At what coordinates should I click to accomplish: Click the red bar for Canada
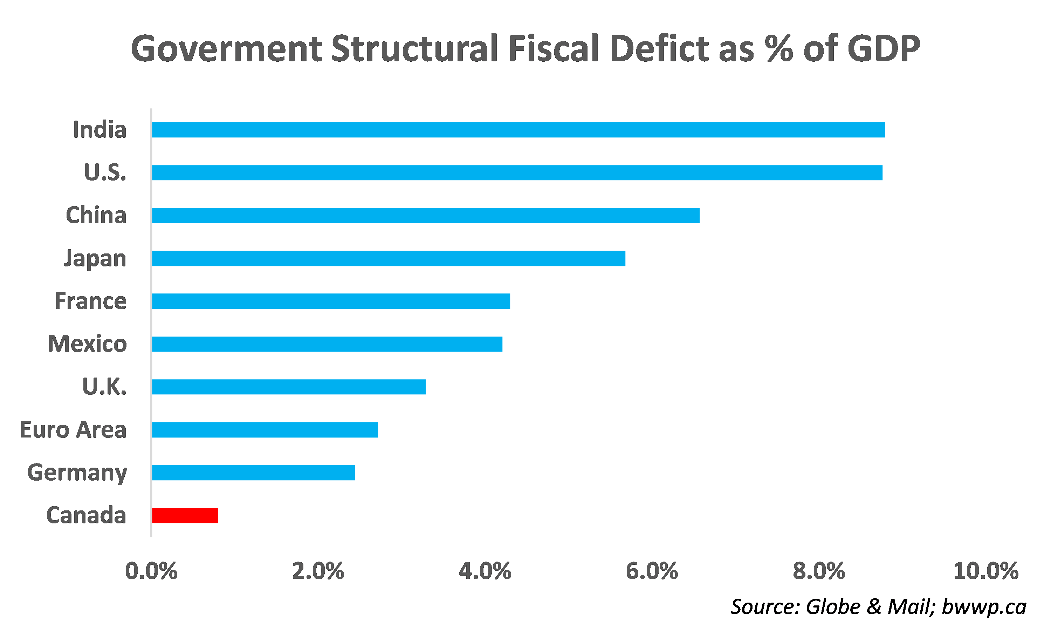185,515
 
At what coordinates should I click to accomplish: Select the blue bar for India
518,130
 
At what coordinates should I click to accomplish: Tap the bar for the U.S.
517,172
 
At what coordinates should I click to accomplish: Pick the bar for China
426,216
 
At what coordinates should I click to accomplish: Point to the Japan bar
388,258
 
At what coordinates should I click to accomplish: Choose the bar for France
331,301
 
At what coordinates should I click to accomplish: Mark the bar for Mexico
327,344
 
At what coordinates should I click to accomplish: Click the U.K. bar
289,387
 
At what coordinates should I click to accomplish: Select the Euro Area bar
265,430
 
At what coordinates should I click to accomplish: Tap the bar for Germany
253,473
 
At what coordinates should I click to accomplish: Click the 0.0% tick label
151,571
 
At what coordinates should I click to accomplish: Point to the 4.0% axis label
485,571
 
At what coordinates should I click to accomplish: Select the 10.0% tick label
985,571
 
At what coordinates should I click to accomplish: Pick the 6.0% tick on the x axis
652,571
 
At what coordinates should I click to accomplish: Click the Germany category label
77,473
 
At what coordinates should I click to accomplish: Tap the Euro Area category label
73,430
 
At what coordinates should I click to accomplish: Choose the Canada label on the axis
86,515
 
